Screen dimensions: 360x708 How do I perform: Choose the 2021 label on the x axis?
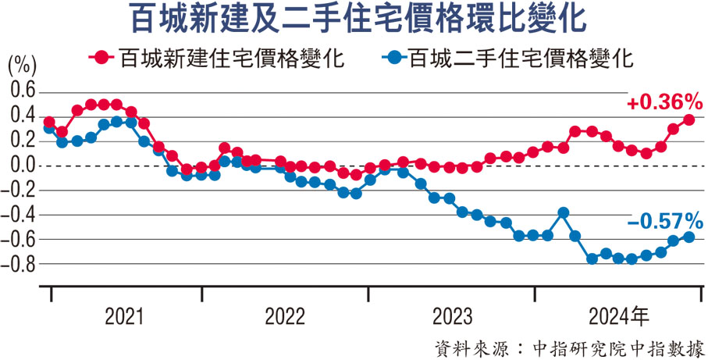(124, 317)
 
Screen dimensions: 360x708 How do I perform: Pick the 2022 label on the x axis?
(285, 317)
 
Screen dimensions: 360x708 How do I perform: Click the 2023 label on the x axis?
(452, 317)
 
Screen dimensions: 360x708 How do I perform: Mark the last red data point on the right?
(689, 119)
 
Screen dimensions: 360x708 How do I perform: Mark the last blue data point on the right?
(689, 237)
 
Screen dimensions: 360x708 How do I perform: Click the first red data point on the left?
(49, 123)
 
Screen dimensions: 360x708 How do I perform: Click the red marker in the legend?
(101, 58)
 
